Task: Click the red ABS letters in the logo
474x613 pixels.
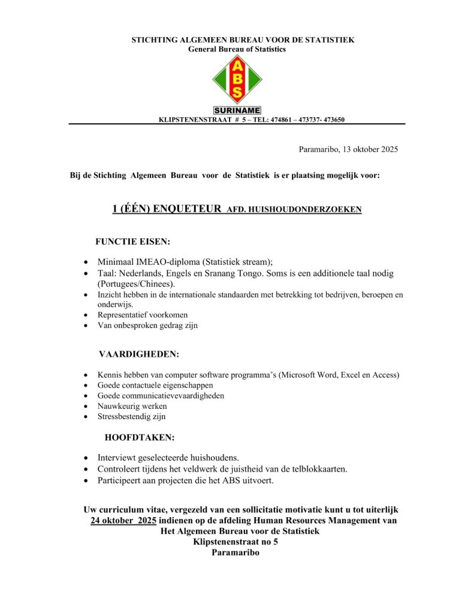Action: [x=237, y=79]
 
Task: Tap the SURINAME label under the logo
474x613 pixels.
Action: [x=237, y=111]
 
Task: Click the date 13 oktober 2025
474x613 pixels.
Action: [x=370, y=149]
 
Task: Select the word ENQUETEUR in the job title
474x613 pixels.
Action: [x=188, y=209]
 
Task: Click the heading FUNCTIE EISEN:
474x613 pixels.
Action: [x=132, y=242]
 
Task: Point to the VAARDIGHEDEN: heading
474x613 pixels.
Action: [x=138, y=354]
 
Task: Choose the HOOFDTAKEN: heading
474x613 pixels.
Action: [x=140, y=438]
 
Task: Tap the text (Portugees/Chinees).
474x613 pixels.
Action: [x=136, y=284]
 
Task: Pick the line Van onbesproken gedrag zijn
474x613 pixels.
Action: [x=147, y=326]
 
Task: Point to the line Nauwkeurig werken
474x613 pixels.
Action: [x=132, y=406]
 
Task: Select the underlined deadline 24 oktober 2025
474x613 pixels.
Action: [x=123, y=521]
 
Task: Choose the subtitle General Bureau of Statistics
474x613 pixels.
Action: [x=237, y=49]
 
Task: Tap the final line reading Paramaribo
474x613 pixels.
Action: [x=236, y=553]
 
